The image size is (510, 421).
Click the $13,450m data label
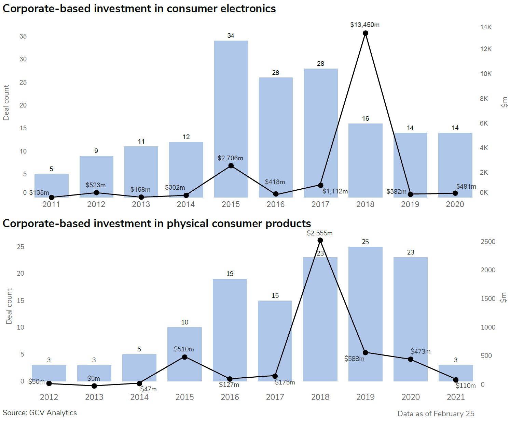click(364, 25)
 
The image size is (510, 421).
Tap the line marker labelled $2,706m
click(231, 166)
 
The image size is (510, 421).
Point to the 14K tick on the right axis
click(486, 27)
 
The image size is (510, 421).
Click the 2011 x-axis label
click(51, 204)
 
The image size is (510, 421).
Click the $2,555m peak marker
click(320, 241)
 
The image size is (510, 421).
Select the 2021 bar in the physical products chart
click(456, 373)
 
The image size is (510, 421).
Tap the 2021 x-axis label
click(456, 397)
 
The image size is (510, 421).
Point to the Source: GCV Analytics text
click(40, 413)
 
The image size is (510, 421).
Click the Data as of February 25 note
click(436, 414)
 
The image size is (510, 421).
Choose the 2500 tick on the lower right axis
click(488, 242)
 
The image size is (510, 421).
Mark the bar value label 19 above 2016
click(230, 274)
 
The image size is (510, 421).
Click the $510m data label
click(184, 349)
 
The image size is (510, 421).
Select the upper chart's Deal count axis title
click(6, 103)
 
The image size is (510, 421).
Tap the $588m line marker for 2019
click(366, 352)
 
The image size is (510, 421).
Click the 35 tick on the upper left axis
click(23, 37)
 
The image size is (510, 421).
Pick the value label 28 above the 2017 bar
click(320, 64)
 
